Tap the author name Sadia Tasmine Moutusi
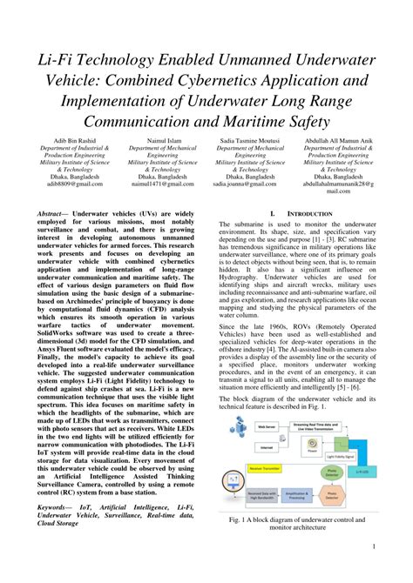(x=249, y=139)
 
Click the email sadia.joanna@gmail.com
(x=249, y=184)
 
